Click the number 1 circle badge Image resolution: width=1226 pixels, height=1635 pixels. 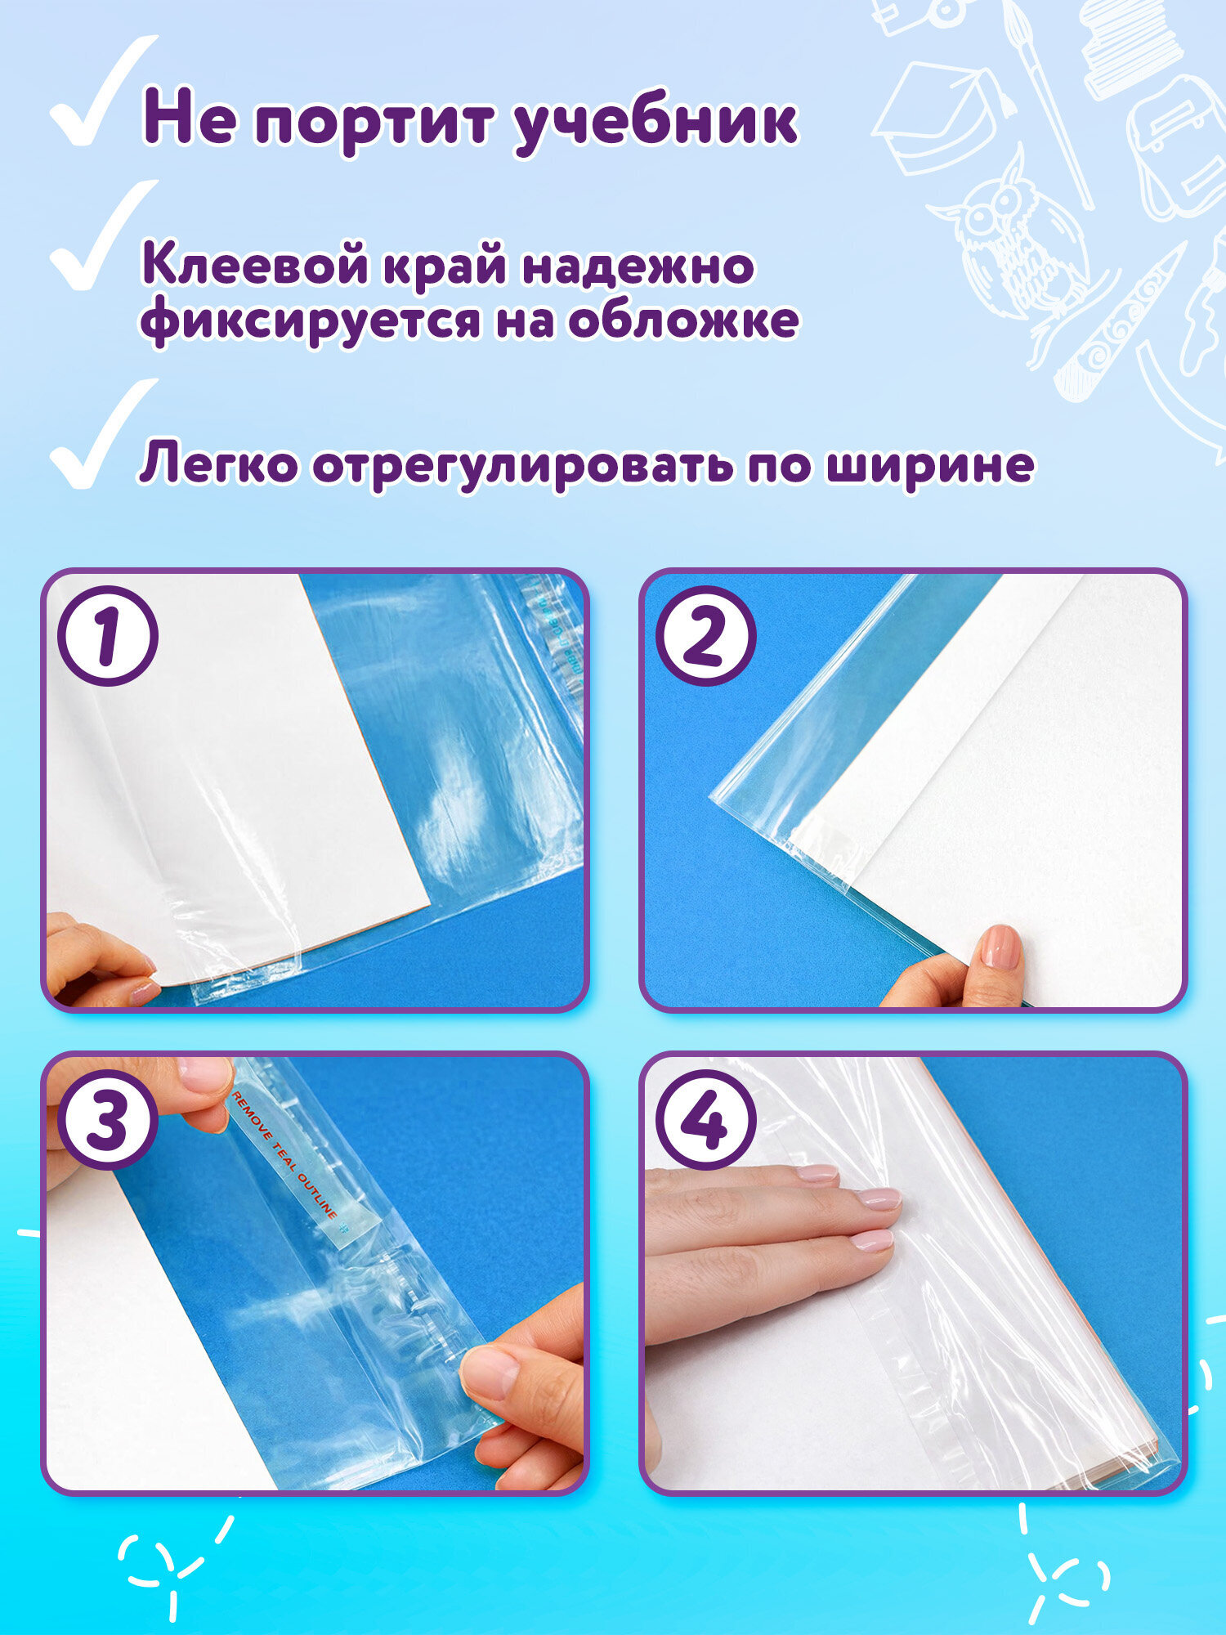coord(108,635)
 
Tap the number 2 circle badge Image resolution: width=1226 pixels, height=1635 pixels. coord(705,635)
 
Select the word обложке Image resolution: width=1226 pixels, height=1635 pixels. coord(683,320)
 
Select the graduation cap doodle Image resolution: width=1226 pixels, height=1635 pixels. coord(940,114)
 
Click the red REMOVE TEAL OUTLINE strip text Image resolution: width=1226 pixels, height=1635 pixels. coord(286,1157)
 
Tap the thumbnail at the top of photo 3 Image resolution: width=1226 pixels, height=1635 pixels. coord(204,1075)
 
